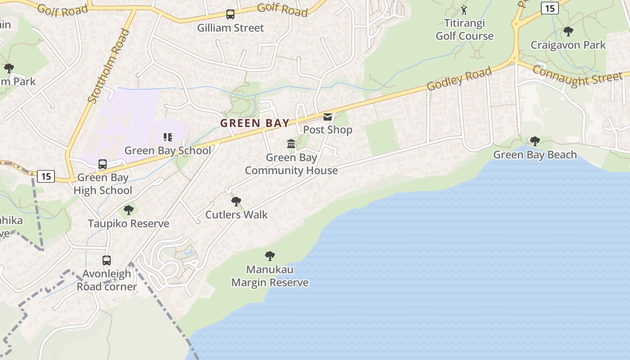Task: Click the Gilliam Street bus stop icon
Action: (x=230, y=14)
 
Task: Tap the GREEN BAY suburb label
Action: (x=255, y=123)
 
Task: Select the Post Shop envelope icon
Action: (x=328, y=117)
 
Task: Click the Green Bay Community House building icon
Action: (x=291, y=144)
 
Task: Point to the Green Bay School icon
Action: (x=168, y=137)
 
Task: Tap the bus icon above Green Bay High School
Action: (x=103, y=164)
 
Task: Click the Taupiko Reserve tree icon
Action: (x=129, y=210)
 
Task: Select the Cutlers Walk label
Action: (x=236, y=215)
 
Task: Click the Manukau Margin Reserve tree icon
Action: (x=270, y=256)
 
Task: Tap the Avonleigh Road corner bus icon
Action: (x=107, y=260)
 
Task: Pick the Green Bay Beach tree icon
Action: (x=535, y=141)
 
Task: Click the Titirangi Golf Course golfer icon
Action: (x=464, y=9)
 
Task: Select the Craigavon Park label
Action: (x=568, y=45)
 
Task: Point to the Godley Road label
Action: (x=459, y=79)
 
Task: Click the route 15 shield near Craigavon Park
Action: (x=549, y=8)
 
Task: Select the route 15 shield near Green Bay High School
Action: (x=46, y=176)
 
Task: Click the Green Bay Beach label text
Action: (x=535, y=155)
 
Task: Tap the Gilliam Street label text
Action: (x=230, y=28)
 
